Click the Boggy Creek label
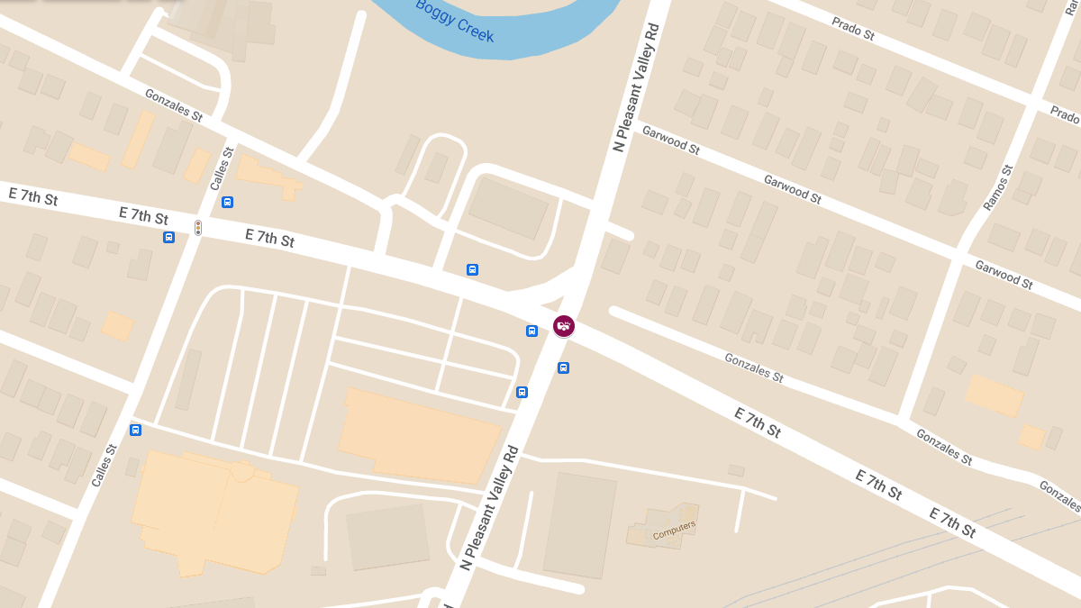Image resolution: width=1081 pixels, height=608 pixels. click(x=455, y=21)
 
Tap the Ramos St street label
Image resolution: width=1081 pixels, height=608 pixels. click(x=998, y=188)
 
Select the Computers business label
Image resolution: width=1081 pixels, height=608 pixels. click(x=674, y=531)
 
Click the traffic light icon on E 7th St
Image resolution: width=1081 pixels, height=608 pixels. click(x=198, y=228)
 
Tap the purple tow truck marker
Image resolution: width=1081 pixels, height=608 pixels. click(x=564, y=325)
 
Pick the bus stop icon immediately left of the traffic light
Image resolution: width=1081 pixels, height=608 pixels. click(x=168, y=237)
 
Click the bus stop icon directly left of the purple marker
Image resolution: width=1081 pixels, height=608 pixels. click(x=531, y=331)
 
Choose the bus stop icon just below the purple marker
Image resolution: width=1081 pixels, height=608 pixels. click(x=563, y=368)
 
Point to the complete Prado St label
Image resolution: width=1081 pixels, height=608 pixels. click(x=853, y=30)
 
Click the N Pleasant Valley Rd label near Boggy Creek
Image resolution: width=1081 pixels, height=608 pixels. click(x=636, y=87)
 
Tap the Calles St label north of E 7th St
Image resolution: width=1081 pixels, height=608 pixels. click(x=222, y=168)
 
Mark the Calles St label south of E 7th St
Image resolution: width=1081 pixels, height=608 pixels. click(x=104, y=466)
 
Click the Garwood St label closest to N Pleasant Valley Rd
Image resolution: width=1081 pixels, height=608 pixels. click(x=671, y=141)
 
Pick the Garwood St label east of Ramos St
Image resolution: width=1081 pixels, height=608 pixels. click(x=1004, y=274)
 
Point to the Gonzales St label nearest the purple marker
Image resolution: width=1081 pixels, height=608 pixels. click(x=754, y=367)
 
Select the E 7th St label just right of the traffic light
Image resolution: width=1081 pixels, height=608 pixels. click(x=269, y=238)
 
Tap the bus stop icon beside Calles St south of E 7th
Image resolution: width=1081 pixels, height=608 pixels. click(x=135, y=430)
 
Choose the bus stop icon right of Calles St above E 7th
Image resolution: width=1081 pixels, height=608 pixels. click(x=227, y=202)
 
